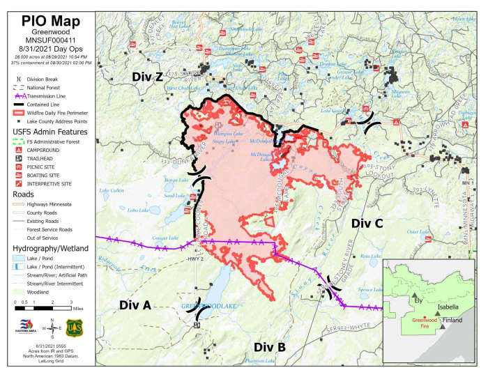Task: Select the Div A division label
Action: [x=135, y=305]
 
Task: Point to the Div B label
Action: [x=269, y=346]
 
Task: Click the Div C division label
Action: [x=367, y=223]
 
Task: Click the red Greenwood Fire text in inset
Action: [x=420, y=323]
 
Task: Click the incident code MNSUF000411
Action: [x=47, y=40]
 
